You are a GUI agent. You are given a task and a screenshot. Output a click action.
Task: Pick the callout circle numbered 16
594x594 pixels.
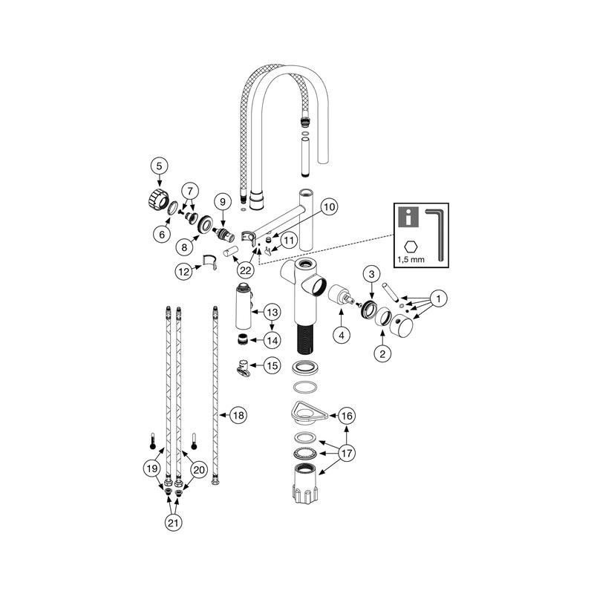point(347,416)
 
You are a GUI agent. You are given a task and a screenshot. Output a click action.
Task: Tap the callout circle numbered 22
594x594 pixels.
point(246,270)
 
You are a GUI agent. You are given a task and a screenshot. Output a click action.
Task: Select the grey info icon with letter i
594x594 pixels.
point(408,217)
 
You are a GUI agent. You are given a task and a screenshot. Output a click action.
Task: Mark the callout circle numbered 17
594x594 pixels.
point(347,451)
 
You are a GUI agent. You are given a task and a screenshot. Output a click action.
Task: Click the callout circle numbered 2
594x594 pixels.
point(382,353)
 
